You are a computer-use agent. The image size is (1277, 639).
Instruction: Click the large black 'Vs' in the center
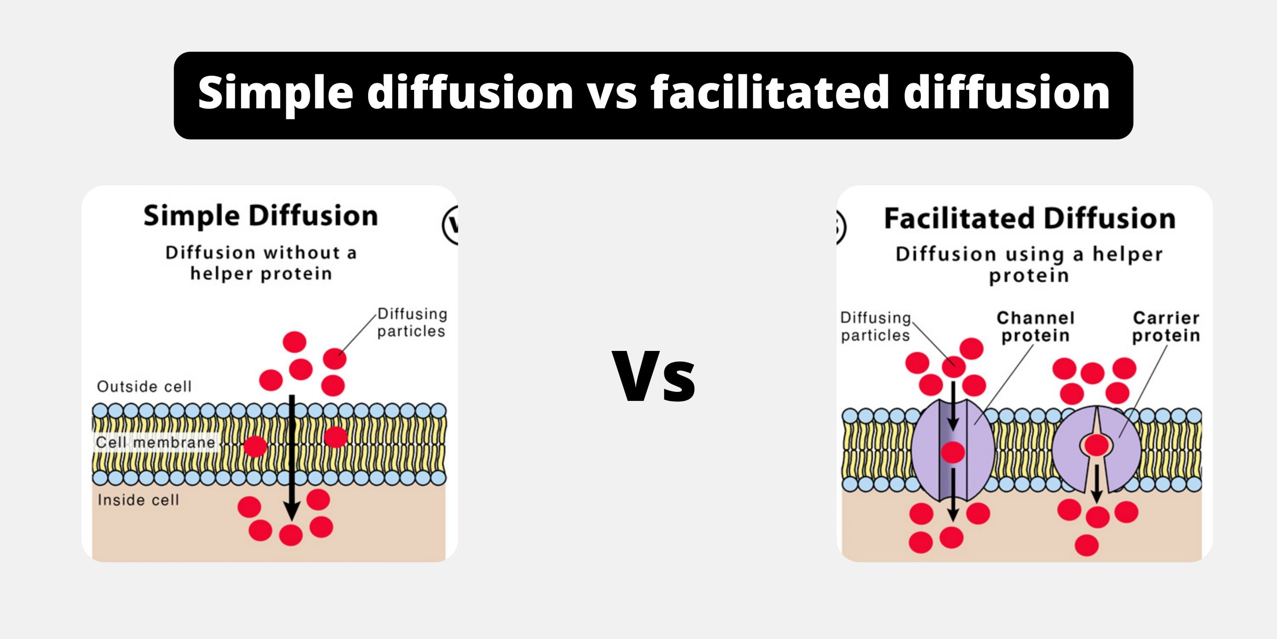coord(653,377)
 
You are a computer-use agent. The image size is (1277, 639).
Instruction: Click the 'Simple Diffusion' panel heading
coord(260,217)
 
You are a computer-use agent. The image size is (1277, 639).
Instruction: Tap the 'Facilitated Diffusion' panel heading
coord(1030,219)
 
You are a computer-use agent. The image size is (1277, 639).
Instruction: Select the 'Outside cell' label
coord(144,386)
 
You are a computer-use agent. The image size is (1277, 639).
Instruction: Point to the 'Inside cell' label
coord(138,500)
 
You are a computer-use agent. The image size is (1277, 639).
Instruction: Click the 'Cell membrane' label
coord(156,442)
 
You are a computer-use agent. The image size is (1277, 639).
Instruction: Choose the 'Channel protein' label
coord(1036,326)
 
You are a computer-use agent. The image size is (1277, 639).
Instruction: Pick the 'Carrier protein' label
coord(1166,326)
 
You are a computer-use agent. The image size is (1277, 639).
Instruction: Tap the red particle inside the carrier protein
coord(1097,444)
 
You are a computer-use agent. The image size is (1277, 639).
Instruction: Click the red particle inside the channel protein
coord(953,452)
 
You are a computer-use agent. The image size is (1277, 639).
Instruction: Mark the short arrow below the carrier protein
coord(1096,483)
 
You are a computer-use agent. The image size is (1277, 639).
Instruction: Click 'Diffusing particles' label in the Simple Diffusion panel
coord(412,322)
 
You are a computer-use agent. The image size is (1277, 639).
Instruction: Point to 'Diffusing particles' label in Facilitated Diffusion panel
coord(875,326)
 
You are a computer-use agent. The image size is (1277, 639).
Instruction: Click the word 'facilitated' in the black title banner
coord(770,93)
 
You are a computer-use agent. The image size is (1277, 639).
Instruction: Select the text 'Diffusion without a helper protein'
coord(261,263)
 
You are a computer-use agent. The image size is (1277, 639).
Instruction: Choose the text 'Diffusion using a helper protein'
coord(1029,265)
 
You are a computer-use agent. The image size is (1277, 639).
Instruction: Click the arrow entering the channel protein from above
coord(953,405)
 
